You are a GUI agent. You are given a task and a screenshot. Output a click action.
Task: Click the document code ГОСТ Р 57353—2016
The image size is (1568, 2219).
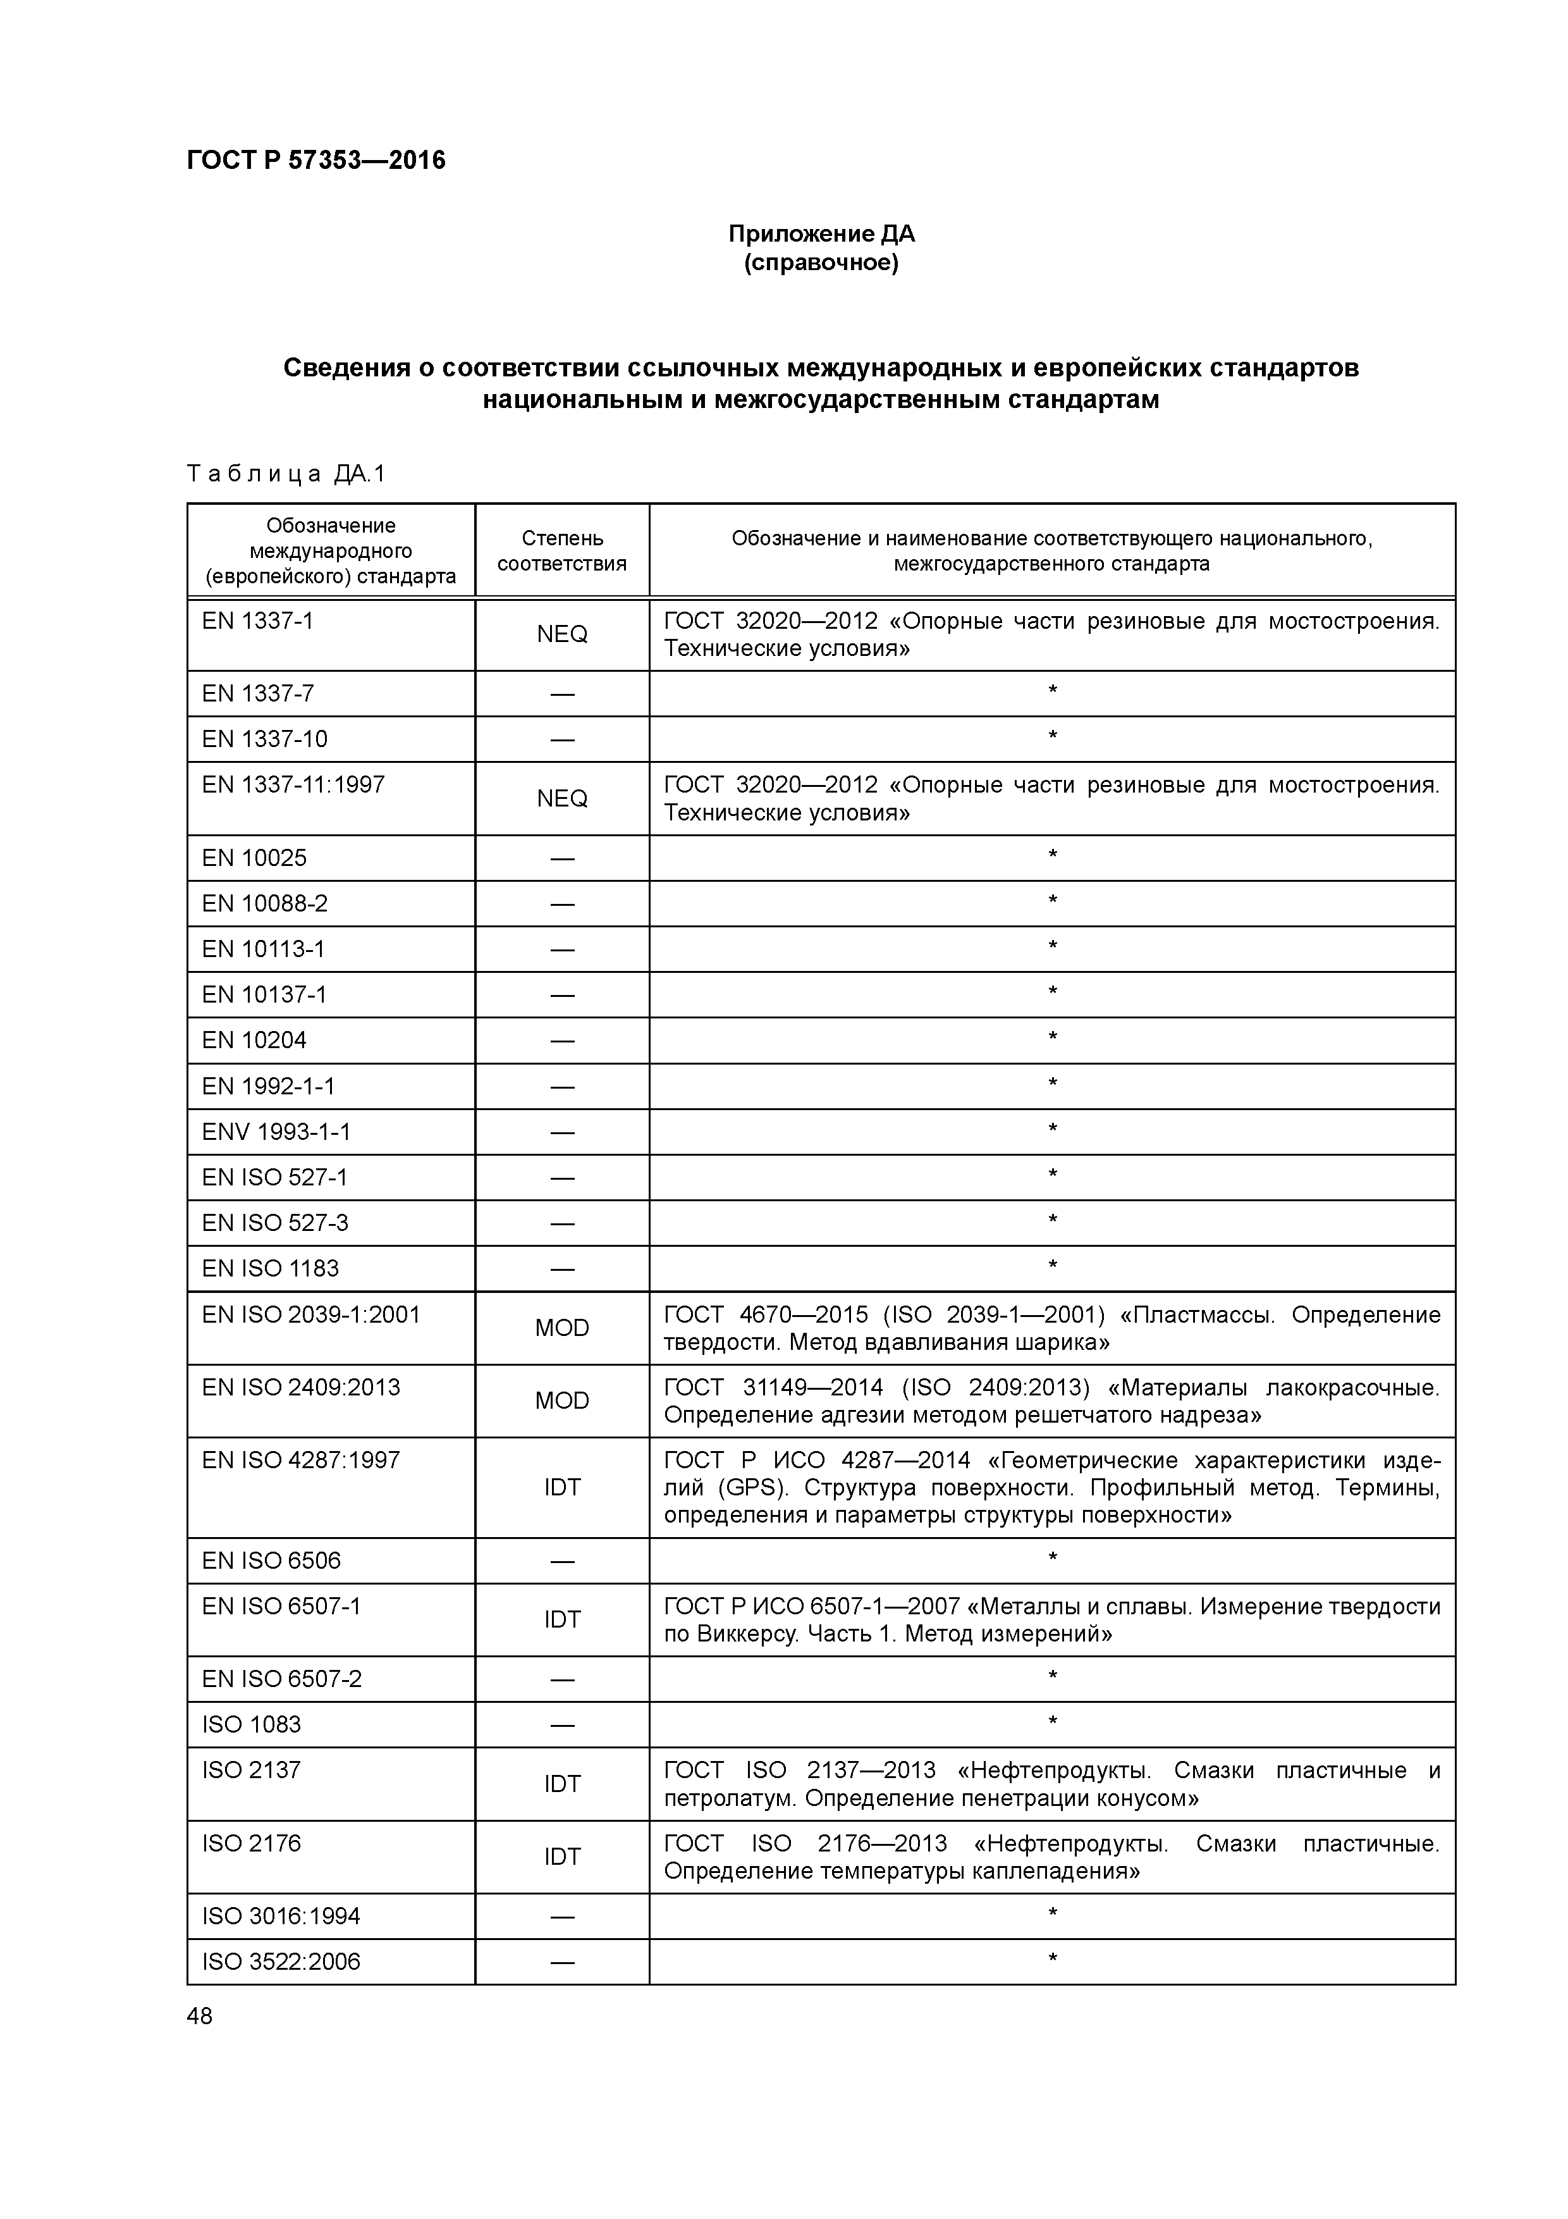pyautogui.click(x=316, y=161)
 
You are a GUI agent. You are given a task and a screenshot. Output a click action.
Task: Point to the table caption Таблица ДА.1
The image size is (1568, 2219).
pyautogui.click(x=286, y=474)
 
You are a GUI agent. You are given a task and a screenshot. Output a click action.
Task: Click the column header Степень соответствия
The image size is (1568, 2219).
pyautogui.click(x=561, y=551)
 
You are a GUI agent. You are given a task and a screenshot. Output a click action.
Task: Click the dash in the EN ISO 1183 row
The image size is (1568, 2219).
pyautogui.click(x=561, y=1269)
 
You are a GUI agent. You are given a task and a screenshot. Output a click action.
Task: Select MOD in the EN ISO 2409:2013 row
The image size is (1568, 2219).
pyautogui.click(x=561, y=1400)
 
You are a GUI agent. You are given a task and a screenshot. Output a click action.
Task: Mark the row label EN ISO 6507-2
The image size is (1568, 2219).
pyautogui.click(x=281, y=1679)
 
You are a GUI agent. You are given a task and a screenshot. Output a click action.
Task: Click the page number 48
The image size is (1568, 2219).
pyautogui.click(x=200, y=2016)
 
